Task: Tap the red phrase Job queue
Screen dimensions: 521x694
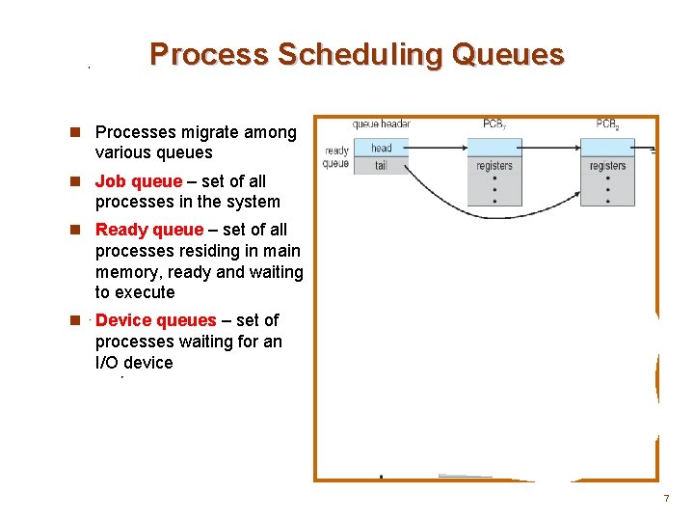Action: pos(138,181)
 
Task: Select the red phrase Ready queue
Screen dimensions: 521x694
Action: pos(149,230)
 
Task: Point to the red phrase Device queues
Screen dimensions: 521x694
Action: pos(156,320)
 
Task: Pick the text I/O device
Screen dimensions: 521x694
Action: pos(134,363)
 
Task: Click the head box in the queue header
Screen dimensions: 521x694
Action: pos(381,148)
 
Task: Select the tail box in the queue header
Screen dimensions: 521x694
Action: pos(381,165)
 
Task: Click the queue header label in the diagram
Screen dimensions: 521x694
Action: pos(381,124)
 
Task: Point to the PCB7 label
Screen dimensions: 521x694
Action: pos(494,124)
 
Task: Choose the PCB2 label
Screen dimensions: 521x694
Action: pos(607,124)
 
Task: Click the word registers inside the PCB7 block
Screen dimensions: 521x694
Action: pos(494,166)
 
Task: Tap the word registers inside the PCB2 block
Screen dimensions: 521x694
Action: pos(607,166)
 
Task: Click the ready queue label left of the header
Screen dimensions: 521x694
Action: pos(336,157)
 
